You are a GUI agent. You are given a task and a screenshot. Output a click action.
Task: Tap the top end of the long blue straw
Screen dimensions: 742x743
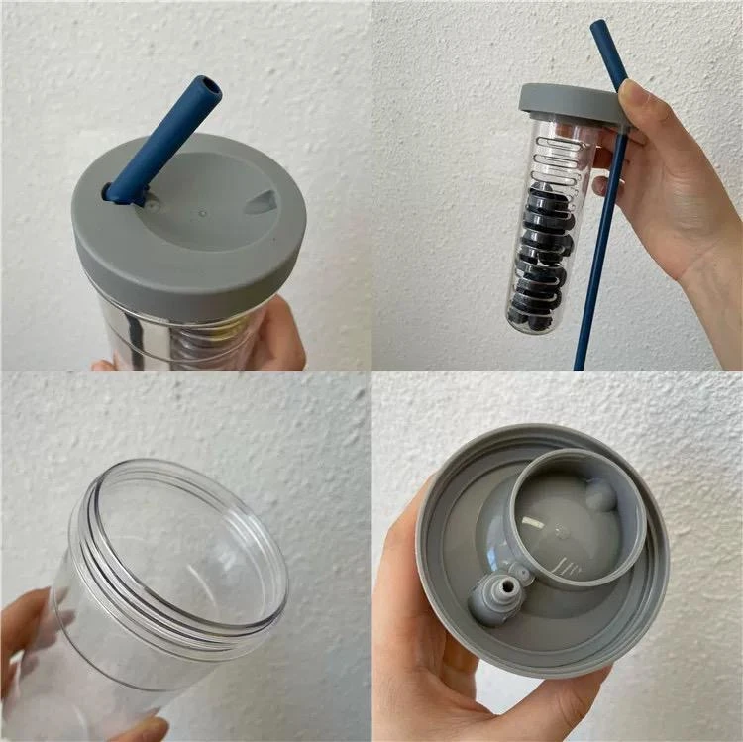point(599,28)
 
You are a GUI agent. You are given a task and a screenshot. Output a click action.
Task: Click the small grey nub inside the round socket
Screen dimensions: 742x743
point(601,492)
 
